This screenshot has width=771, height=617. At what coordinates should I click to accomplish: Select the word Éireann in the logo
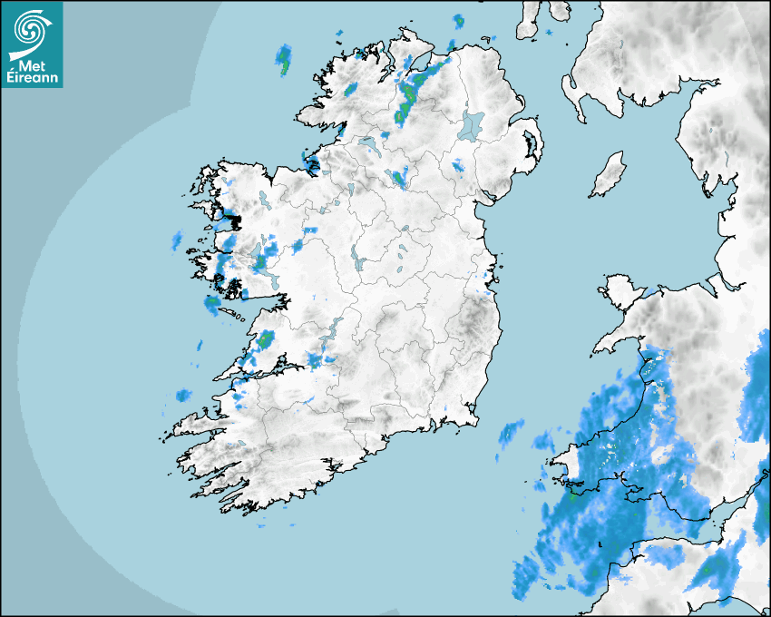[32, 78]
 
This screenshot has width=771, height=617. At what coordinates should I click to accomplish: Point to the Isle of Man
[609, 174]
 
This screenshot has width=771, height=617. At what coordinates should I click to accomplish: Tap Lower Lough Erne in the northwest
[368, 146]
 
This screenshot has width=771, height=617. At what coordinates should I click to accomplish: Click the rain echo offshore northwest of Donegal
[284, 59]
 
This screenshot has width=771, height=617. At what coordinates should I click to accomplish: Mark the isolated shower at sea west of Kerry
[183, 396]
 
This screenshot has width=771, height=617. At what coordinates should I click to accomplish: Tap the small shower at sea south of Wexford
[512, 433]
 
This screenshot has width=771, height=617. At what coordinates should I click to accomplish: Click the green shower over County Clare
[266, 339]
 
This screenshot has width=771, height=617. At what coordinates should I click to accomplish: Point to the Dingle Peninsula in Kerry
[195, 423]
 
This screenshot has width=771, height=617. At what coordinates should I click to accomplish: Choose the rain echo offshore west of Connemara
[177, 240]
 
